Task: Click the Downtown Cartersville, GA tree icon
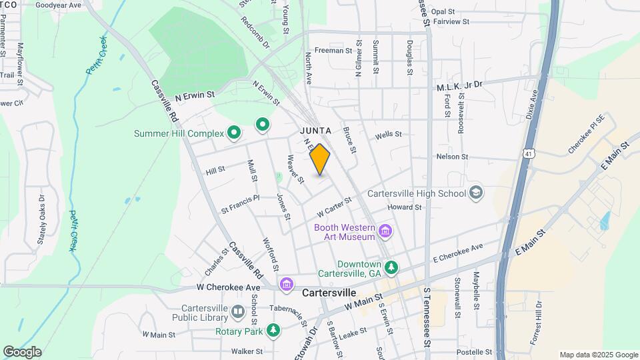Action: tap(392, 268)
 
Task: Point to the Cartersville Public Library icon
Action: tap(238, 312)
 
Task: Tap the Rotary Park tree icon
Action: tap(273, 331)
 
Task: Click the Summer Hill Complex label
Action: tap(178, 134)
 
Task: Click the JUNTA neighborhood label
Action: tap(315, 130)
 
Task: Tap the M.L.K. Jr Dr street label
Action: tap(459, 87)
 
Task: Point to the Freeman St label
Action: tap(333, 51)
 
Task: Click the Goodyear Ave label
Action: tap(58, 5)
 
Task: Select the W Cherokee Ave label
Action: tap(228, 287)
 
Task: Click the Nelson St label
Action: tap(452, 157)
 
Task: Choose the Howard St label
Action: tap(405, 207)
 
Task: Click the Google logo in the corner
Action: tap(22, 351)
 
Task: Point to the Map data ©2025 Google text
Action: tap(598, 355)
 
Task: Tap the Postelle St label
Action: tap(474, 351)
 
